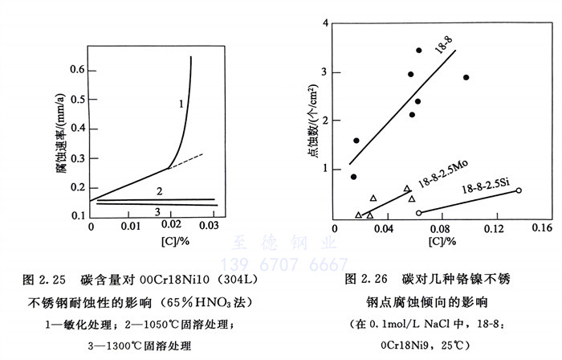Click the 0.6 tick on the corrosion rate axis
(77, 70)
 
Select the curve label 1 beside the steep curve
(181, 104)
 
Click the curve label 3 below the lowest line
(157, 211)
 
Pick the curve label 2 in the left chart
(159, 191)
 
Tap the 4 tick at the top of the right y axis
(325, 22)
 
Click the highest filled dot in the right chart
(419, 51)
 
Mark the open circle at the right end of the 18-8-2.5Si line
(518, 190)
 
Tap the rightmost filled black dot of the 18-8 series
(466, 78)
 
